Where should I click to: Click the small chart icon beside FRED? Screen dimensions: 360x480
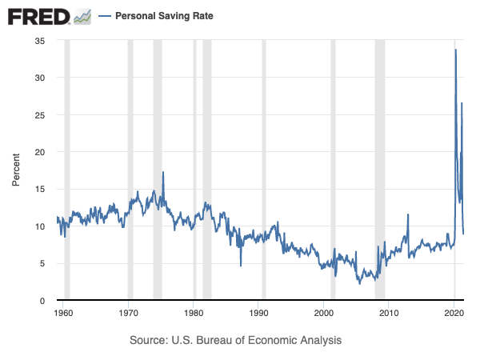[82, 16]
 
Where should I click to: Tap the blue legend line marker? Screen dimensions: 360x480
[104, 16]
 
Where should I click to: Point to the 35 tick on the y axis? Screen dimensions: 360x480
[39, 40]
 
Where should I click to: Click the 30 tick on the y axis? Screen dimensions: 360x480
[39, 78]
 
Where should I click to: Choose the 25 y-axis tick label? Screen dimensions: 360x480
[39, 114]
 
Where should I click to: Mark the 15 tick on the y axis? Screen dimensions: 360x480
[39, 189]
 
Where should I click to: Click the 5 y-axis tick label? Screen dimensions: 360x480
[42, 263]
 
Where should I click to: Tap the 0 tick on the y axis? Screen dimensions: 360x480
[42, 301]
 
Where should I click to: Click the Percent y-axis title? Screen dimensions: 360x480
[16, 170]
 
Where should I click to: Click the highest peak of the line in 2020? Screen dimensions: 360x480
[456, 50]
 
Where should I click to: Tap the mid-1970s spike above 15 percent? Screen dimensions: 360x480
[163, 172]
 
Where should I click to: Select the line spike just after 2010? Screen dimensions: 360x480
[408, 214]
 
